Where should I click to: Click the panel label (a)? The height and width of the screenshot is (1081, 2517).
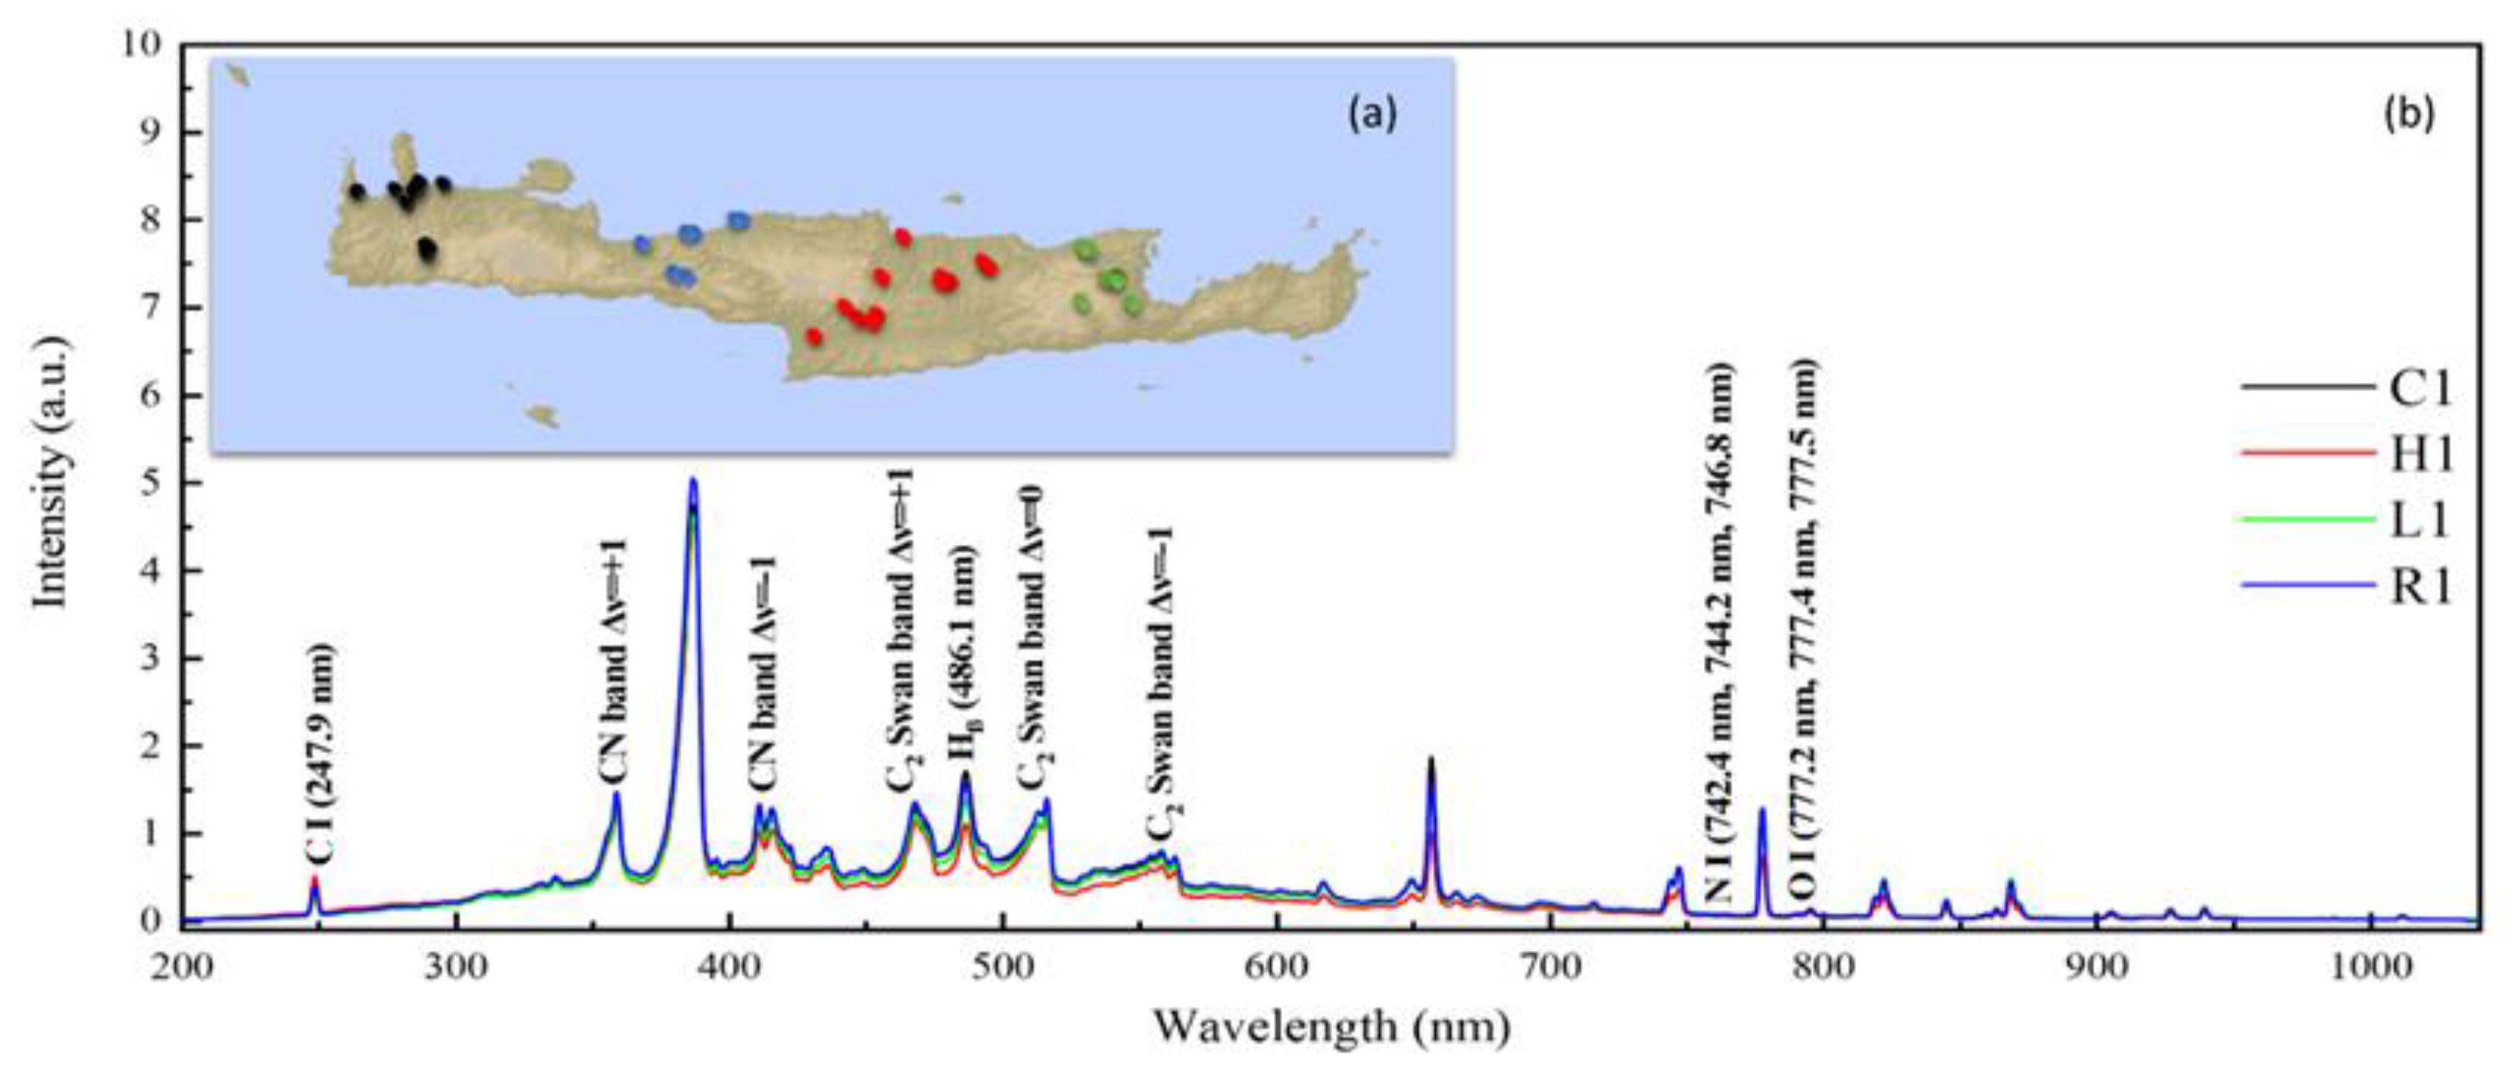coord(1373,114)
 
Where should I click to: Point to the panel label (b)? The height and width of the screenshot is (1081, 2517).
coord(2410,114)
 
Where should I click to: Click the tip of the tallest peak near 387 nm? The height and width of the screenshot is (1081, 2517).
coord(693,479)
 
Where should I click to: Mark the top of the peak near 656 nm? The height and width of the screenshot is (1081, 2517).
coord(1431,759)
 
